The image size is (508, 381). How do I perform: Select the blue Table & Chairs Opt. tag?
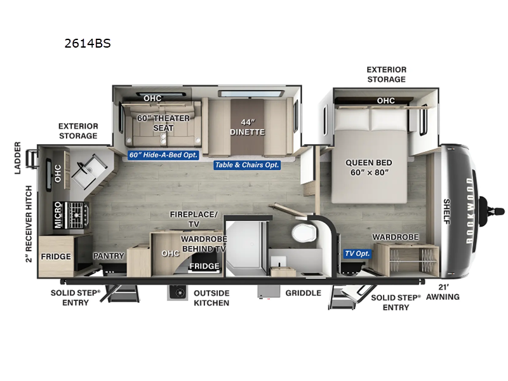pos(246,165)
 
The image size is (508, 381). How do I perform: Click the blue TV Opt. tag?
pos(357,253)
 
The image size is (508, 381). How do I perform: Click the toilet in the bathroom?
pos(304,233)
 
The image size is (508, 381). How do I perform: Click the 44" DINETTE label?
pos(247,127)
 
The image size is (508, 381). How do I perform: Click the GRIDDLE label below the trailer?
pos(303,293)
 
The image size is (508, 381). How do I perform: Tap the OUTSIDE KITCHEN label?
pos(211,298)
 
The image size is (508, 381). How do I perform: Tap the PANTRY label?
pos(108,256)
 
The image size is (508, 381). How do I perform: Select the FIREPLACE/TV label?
pos(193,219)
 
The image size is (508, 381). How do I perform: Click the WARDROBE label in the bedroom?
pos(395,237)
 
